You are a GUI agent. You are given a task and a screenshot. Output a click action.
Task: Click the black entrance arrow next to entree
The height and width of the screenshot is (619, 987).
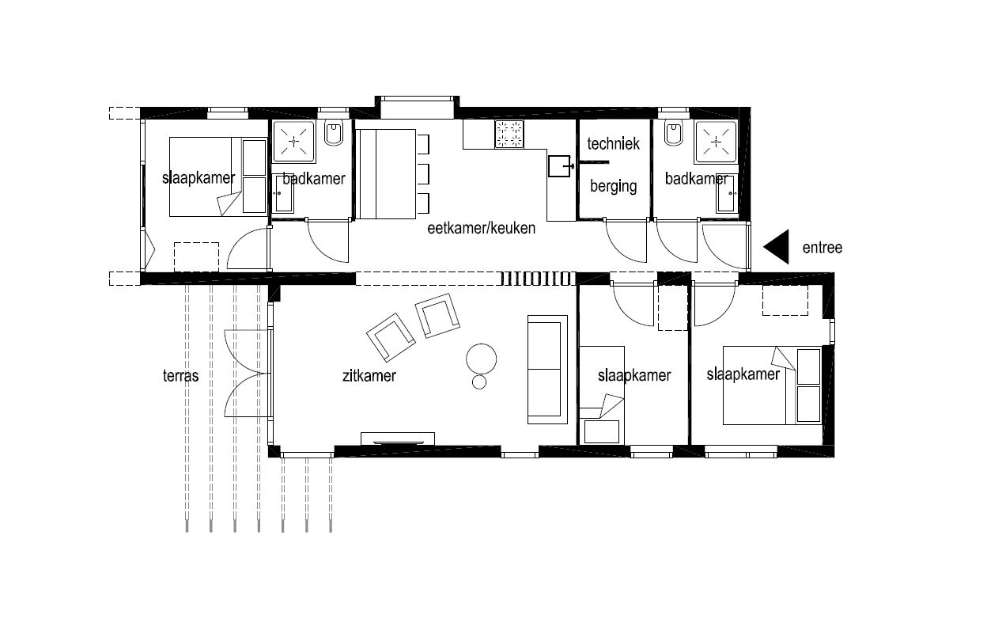[780, 247]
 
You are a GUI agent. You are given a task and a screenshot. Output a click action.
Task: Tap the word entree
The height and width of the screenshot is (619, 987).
[822, 248]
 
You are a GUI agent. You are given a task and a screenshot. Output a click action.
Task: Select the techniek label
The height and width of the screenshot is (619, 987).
[614, 144]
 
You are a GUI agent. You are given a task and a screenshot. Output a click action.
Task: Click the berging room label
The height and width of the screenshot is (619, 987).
[614, 186]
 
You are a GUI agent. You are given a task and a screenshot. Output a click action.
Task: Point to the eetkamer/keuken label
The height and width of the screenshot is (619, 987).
[482, 228]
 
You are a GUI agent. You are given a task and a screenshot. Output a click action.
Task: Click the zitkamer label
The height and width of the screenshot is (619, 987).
[369, 376]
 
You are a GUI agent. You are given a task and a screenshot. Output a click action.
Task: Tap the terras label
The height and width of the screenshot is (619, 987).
[180, 376]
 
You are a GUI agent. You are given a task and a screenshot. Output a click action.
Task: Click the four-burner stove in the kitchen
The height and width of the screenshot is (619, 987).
[509, 134]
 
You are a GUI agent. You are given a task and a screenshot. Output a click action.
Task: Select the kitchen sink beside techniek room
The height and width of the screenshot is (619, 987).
[560, 165]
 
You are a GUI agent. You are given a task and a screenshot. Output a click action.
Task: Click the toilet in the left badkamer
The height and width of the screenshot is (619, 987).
[334, 132]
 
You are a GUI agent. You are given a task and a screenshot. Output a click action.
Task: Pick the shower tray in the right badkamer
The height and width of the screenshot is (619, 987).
[716, 142]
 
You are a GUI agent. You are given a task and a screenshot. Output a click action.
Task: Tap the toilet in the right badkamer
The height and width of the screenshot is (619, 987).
[674, 132]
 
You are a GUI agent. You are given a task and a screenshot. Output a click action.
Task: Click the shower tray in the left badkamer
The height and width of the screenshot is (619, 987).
[294, 141]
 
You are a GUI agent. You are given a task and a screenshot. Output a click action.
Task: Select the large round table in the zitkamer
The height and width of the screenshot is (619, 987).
[481, 359]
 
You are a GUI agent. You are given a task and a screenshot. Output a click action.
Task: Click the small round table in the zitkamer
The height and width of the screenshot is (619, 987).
[479, 382]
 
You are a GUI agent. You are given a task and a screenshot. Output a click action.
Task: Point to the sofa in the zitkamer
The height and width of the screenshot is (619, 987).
[548, 370]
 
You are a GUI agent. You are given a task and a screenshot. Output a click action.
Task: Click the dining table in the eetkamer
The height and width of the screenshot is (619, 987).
[387, 174]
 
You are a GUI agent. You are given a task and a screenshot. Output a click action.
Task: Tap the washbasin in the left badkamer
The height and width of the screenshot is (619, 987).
[283, 193]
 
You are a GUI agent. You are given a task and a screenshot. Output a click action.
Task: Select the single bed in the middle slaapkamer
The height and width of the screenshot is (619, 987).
[601, 395]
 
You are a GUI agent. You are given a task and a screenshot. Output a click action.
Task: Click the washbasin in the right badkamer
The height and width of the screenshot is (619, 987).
[727, 193]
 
